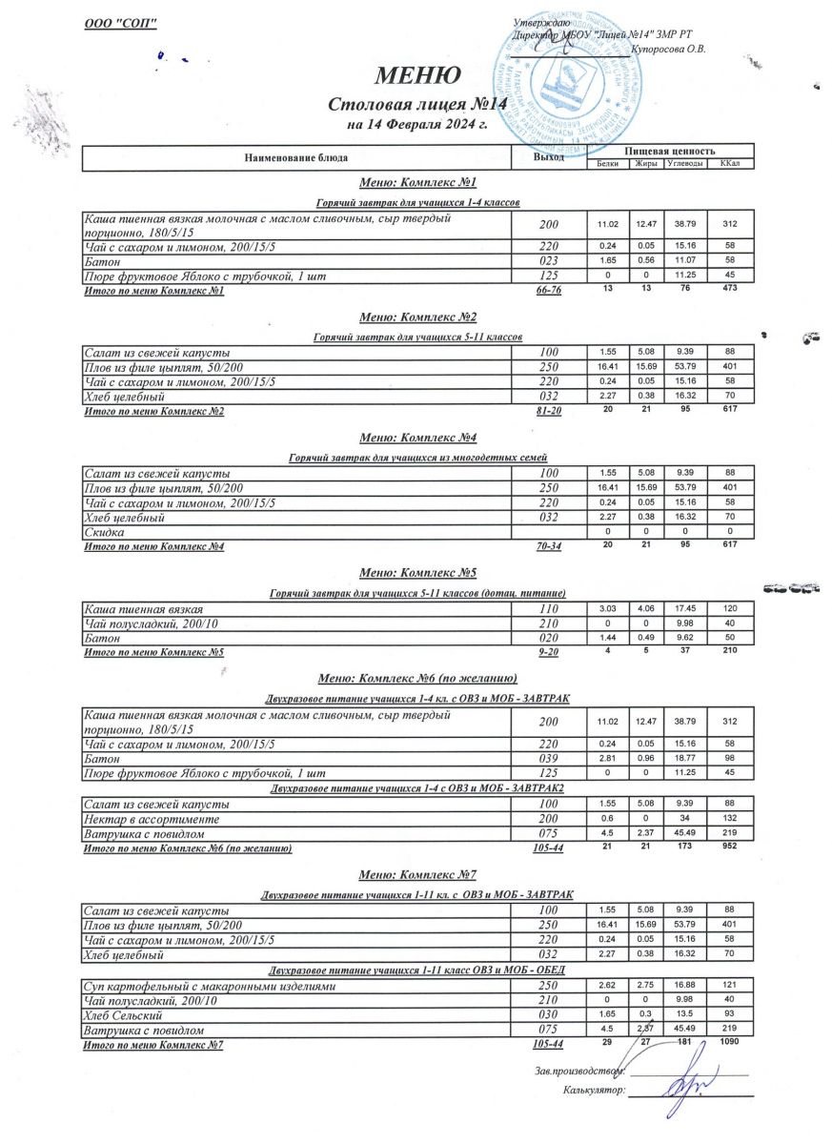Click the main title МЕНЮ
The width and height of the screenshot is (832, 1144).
(x=418, y=74)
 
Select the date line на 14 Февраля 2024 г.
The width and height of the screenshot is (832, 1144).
(x=417, y=124)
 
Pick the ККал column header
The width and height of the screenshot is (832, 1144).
(x=731, y=164)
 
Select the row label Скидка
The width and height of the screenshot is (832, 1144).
(x=104, y=532)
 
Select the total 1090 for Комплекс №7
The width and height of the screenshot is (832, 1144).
(x=729, y=1043)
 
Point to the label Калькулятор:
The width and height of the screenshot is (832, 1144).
(x=594, y=1089)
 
